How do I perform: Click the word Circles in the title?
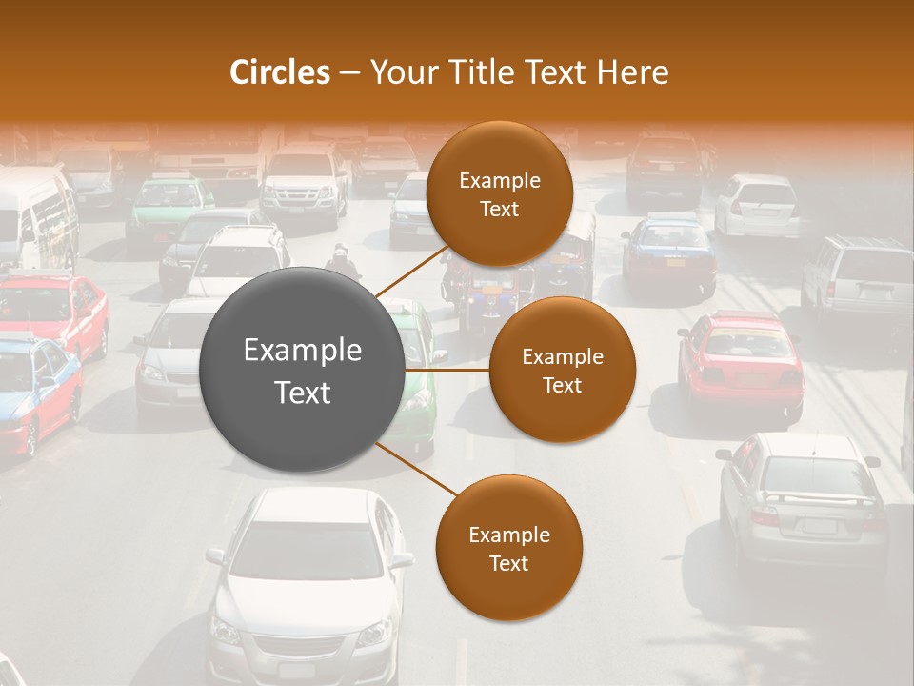(279, 71)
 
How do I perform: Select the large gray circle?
(303, 370)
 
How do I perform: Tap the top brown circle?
(499, 194)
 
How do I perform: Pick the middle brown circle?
(562, 370)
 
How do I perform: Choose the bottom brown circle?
(508, 548)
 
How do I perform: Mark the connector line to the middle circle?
(447, 370)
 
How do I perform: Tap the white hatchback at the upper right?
(759, 205)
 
